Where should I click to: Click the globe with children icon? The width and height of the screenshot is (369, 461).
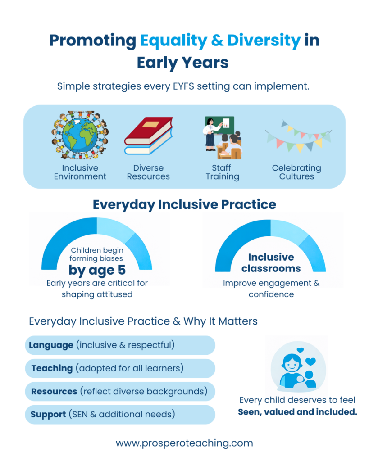tap(80, 135)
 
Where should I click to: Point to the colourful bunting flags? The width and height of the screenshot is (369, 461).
tap(298, 136)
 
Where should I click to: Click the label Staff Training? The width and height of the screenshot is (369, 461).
tap(222, 172)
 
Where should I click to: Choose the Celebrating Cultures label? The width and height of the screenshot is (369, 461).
tap(296, 172)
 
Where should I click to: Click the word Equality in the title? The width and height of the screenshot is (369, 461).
tap(173, 41)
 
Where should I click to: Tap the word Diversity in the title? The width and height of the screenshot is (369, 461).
tap(264, 41)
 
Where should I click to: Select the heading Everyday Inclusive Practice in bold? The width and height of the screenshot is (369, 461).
tap(185, 205)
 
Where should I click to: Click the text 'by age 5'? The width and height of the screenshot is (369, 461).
tap(97, 270)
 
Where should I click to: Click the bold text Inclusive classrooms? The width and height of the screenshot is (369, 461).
tap(271, 263)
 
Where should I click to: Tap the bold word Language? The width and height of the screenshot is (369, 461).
tap(51, 345)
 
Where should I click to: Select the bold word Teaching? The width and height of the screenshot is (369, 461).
tap(52, 368)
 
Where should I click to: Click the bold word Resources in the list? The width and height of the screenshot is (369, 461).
tap(54, 392)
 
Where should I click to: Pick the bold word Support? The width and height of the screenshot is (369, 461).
tap(48, 415)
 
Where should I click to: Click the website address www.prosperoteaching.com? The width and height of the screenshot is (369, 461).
tap(185, 443)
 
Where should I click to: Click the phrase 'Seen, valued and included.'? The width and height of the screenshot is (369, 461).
tap(297, 412)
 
